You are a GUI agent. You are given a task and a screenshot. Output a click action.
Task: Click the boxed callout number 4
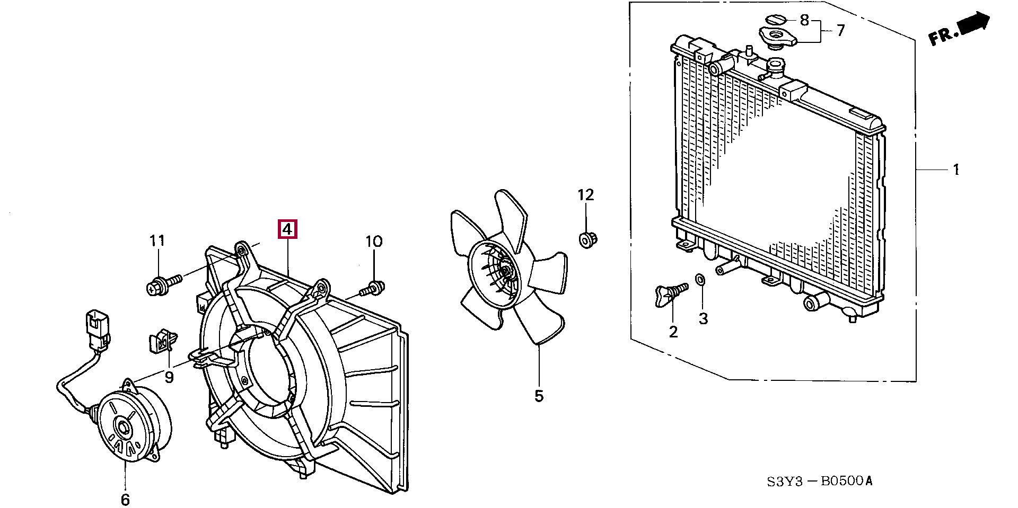pyautogui.click(x=287, y=229)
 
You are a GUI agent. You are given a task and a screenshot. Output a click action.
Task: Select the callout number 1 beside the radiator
pyautogui.click(x=956, y=170)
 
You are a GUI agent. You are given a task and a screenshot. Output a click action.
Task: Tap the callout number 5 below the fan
pyautogui.click(x=539, y=395)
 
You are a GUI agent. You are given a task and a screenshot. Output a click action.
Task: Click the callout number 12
pyautogui.click(x=586, y=195)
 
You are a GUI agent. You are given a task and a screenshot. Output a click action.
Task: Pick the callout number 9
pyautogui.click(x=169, y=377)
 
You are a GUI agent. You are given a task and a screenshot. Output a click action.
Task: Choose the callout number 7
pyautogui.click(x=841, y=31)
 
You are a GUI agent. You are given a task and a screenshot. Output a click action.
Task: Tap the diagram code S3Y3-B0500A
pyautogui.click(x=819, y=481)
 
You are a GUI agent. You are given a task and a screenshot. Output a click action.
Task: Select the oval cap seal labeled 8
pyautogui.click(x=775, y=20)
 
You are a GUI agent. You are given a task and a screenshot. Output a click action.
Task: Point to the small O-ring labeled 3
pyautogui.click(x=700, y=279)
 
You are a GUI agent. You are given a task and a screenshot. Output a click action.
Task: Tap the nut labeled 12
pyautogui.click(x=586, y=240)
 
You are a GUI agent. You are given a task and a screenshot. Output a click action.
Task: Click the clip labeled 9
pyautogui.click(x=162, y=341)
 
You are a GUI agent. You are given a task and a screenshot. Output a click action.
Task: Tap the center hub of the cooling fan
pyautogui.click(x=506, y=271)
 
